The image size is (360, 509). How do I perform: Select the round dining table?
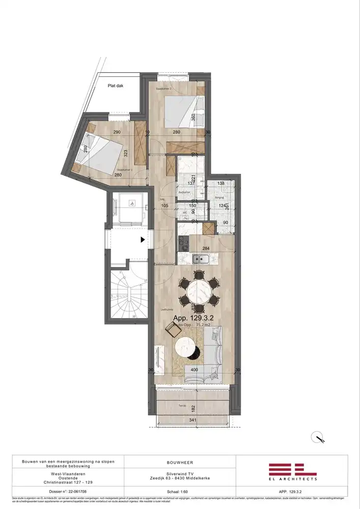coord(199,292)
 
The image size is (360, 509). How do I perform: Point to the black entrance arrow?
coord(143,239)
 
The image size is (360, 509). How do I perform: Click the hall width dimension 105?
coord(164,206)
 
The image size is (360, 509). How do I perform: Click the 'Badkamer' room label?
coord(184,192)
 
